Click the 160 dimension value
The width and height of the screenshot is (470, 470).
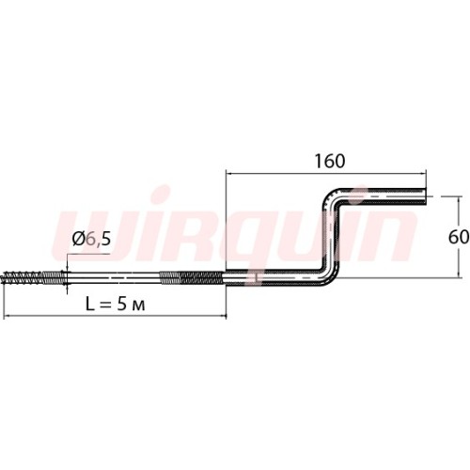coord(330,161)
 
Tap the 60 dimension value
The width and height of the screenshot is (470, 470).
coord(459,237)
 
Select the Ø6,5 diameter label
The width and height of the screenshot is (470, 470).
coord(91,239)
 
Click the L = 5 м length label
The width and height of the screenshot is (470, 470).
coord(116,304)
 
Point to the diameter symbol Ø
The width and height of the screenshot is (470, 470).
coord(78,239)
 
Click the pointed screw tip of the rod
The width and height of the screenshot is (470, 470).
coord(3,277)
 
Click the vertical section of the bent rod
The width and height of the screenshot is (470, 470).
coord(332,237)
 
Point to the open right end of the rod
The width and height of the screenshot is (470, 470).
coord(425,196)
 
